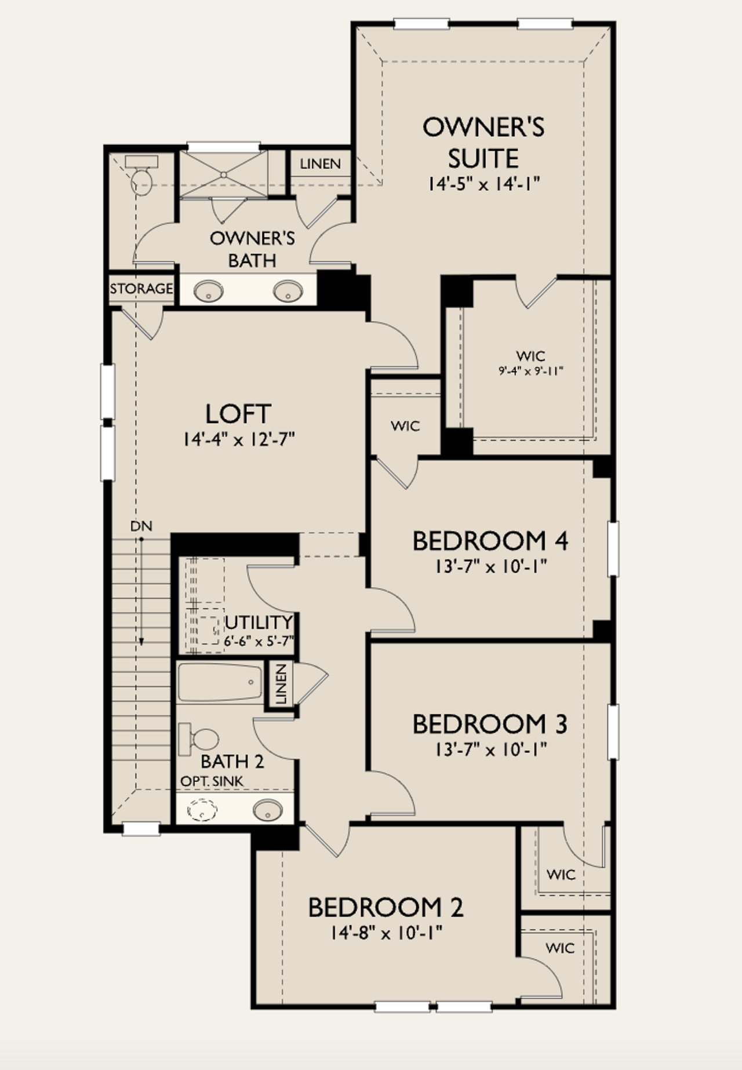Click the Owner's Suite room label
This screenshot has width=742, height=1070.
click(x=483, y=143)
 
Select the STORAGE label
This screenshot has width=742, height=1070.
click(x=141, y=289)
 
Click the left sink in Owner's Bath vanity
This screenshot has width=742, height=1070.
click(x=209, y=291)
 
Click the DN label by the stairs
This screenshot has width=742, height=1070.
click(x=141, y=526)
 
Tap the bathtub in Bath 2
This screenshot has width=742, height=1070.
click(x=220, y=683)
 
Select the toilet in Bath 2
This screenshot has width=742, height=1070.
click(x=200, y=739)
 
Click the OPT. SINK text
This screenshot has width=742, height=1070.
click(x=212, y=781)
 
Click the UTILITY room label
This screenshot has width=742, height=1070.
click(x=259, y=623)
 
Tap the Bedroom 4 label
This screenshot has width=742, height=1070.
click(x=490, y=541)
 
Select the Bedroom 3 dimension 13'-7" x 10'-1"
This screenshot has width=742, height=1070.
click(x=491, y=750)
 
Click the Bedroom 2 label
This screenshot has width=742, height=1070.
click(x=385, y=908)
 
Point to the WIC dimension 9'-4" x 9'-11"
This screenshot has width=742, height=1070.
click(x=531, y=371)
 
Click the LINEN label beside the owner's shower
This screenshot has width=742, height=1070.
click(x=320, y=164)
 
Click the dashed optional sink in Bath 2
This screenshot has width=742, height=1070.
click(x=202, y=809)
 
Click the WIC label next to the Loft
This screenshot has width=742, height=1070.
click(x=405, y=427)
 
